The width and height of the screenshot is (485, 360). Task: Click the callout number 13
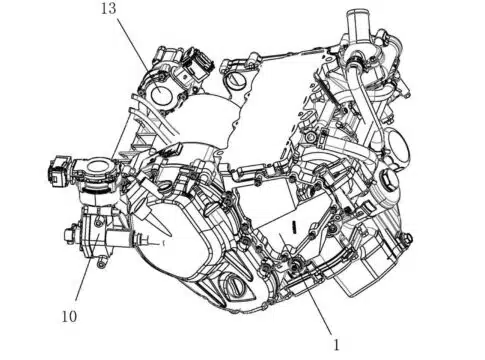109,9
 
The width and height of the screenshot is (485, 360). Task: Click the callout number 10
69,316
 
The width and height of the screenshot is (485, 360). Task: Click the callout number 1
337,345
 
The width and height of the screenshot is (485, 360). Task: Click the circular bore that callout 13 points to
162,94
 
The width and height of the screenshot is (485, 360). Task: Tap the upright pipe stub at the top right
355,25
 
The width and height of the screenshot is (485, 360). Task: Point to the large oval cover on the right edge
398,147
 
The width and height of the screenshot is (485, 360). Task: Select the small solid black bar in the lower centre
294,227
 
